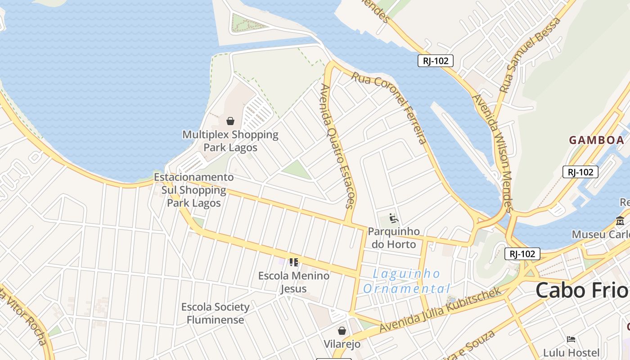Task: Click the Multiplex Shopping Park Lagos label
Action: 230,141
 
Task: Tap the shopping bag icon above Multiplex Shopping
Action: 230,121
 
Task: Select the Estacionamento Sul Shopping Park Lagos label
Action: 194,190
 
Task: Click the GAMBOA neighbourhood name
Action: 597,140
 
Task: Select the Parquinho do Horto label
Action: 394,238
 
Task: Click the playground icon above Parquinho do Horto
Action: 393,219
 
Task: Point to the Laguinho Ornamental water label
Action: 406,281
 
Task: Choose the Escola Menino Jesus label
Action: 294,282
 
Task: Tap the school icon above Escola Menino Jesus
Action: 294,262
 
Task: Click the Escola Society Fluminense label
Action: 215,313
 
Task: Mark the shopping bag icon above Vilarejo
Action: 342,331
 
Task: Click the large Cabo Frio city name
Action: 581,290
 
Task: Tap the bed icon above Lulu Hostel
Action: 571,339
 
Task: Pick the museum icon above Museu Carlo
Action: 620,220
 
